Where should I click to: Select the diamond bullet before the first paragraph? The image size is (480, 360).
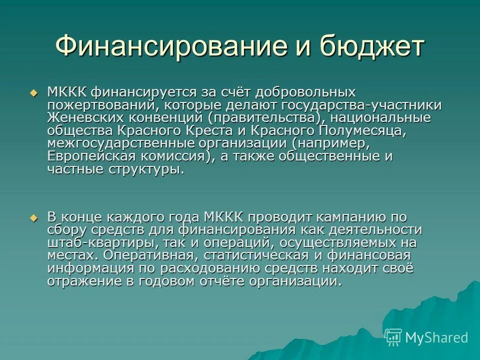point(34,93)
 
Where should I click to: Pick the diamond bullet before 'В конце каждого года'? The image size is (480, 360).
point(34,218)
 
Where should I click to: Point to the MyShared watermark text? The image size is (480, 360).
point(436,337)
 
